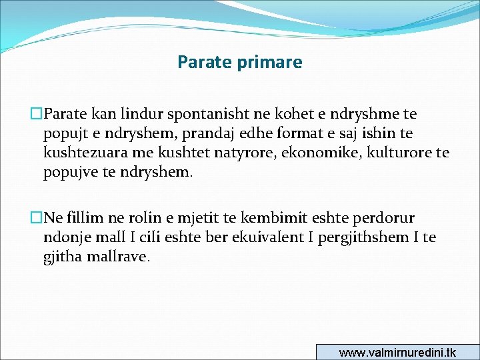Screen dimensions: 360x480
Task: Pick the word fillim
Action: coord(83,218)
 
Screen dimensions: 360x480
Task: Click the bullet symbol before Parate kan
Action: coord(37,115)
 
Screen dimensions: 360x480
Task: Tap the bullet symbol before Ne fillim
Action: coord(37,218)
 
